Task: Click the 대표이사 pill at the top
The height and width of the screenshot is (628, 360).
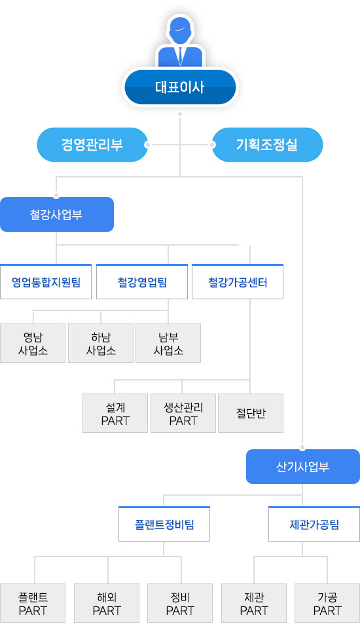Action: [180, 87]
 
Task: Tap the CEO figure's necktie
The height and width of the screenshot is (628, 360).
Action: [180, 55]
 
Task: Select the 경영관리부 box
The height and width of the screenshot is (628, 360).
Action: [92, 145]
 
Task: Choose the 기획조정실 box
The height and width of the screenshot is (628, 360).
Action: [266, 145]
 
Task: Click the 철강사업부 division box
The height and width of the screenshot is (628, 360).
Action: [56, 214]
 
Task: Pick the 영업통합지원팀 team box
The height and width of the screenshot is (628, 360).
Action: [46, 282]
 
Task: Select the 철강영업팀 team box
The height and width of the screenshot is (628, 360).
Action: [142, 282]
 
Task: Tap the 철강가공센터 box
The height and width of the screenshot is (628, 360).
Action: [238, 282]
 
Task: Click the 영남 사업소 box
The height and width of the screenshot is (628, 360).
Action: [33, 343]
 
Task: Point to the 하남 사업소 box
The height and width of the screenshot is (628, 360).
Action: [101, 343]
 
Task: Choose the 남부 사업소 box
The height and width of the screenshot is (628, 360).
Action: [168, 343]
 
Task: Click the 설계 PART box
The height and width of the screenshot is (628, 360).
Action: [115, 413]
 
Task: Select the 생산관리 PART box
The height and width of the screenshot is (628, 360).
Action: [183, 413]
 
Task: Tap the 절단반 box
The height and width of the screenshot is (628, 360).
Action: [251, 413]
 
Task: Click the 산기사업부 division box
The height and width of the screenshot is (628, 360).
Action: [303, 467]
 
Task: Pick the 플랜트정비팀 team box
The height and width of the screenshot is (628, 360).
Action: [164, 525]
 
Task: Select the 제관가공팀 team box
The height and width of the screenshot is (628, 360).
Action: [314, 525]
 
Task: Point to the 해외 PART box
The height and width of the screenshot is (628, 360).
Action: [107, 603]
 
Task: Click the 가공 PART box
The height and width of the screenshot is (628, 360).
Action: [327, 603]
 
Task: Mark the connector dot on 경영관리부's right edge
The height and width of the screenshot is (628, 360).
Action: [148, 145]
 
